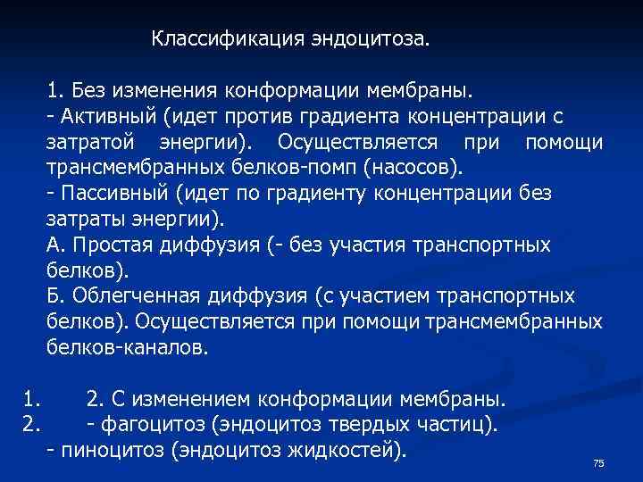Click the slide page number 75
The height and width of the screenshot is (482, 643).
click(598, 462)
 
